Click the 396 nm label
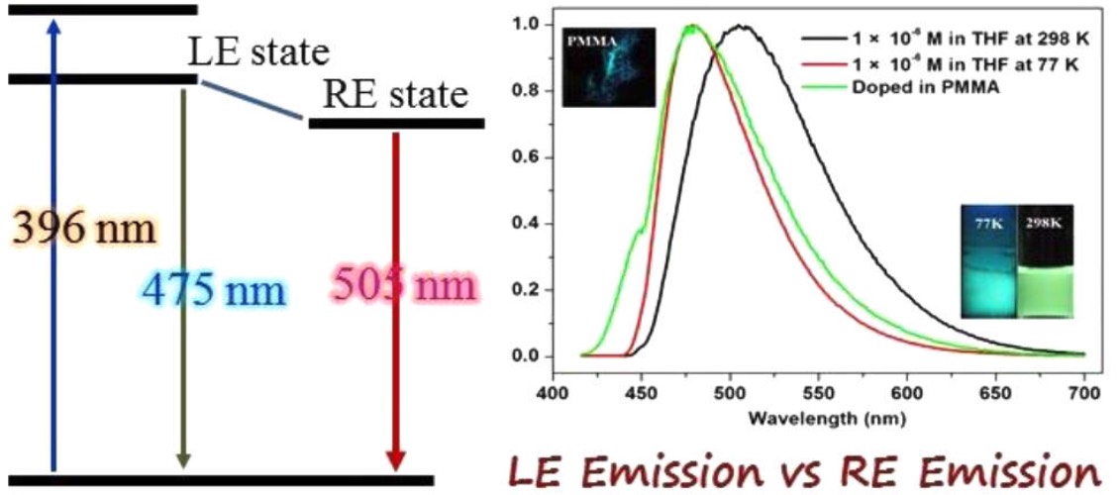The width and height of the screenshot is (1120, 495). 84,230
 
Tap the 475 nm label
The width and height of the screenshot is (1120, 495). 214,290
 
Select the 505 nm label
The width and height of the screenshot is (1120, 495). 403,287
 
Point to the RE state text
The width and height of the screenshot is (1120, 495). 395,95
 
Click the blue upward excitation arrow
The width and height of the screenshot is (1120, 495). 54,247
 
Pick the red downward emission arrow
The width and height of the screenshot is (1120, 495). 396,297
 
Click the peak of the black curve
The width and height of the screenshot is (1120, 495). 740,27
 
